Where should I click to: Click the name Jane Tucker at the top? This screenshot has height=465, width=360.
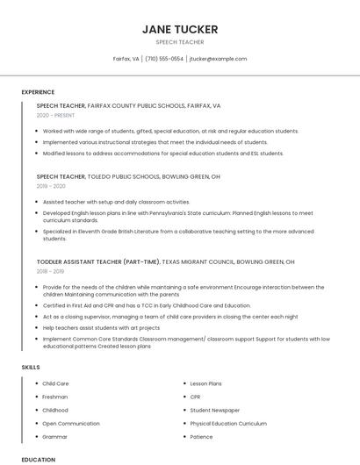tap(180, 29)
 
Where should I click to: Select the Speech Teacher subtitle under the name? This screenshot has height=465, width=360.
tap(180, 42)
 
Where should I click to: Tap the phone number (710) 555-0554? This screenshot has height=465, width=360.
tap(164, 59)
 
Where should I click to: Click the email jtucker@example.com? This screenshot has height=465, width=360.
tap(219, 59)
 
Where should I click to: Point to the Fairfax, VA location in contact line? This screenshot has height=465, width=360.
tap(126, 59)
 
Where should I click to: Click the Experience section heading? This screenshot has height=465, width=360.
tap(38, 92)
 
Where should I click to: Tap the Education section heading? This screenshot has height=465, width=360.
tap(39, 459)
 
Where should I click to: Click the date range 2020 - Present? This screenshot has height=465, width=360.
tap(55, 115)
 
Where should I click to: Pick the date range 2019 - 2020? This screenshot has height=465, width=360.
tap(51, 186)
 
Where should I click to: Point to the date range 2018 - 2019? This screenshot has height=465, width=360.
tap(51, 271)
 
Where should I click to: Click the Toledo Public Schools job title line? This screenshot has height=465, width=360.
tap(128, 176)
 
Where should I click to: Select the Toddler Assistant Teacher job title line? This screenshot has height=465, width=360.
tap(165, 261)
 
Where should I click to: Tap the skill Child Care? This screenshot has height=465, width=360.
tap(55, 383)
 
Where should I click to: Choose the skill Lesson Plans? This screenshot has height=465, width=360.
tap(205, 383)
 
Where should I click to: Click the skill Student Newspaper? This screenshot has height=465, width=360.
tap(214, 410)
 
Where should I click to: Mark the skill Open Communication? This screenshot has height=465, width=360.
tap(71, 423)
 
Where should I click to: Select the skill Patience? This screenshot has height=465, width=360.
tap(201, 436)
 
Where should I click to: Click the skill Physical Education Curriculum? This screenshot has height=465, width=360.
tap(228, 423)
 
